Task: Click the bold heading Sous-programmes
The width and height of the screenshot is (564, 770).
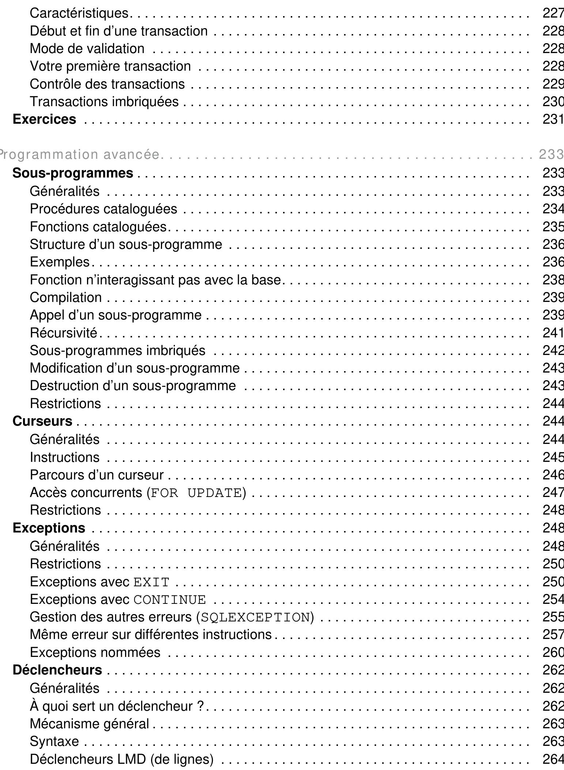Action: [x=73, y=173]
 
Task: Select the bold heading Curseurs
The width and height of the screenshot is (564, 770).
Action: [x=42, y=421]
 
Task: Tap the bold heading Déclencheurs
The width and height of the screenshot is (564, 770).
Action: [x=57, y=670]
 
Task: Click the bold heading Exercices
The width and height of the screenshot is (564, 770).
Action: [x=44, y=119]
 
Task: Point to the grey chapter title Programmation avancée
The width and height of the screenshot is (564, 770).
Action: [x=79, y=155]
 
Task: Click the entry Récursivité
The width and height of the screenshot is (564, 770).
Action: [x=64, y=333]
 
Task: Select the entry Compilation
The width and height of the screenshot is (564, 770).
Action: [x=66, y=297]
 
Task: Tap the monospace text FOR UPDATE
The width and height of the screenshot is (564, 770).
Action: [x=196, y=493]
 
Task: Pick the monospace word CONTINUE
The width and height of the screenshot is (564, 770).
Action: [x=170, y=599]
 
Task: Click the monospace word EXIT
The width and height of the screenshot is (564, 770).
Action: [x=151, y=582]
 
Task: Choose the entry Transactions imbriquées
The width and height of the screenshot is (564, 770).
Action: [x=104, y=101]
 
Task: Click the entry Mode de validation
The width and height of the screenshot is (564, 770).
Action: [x=87, y=48]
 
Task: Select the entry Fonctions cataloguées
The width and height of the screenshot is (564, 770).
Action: [x=98, y=227]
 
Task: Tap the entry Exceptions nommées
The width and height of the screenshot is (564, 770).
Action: [x=95, y=652]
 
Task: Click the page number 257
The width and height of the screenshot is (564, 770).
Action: [x=553, y=634]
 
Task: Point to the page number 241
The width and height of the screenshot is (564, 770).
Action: [x=553, y=333]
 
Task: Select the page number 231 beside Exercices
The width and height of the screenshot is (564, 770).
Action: [x=553, y=119]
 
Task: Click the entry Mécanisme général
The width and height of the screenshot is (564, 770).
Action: [x=90, y=724]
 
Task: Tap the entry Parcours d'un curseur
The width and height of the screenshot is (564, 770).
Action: [x=97, y=475]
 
